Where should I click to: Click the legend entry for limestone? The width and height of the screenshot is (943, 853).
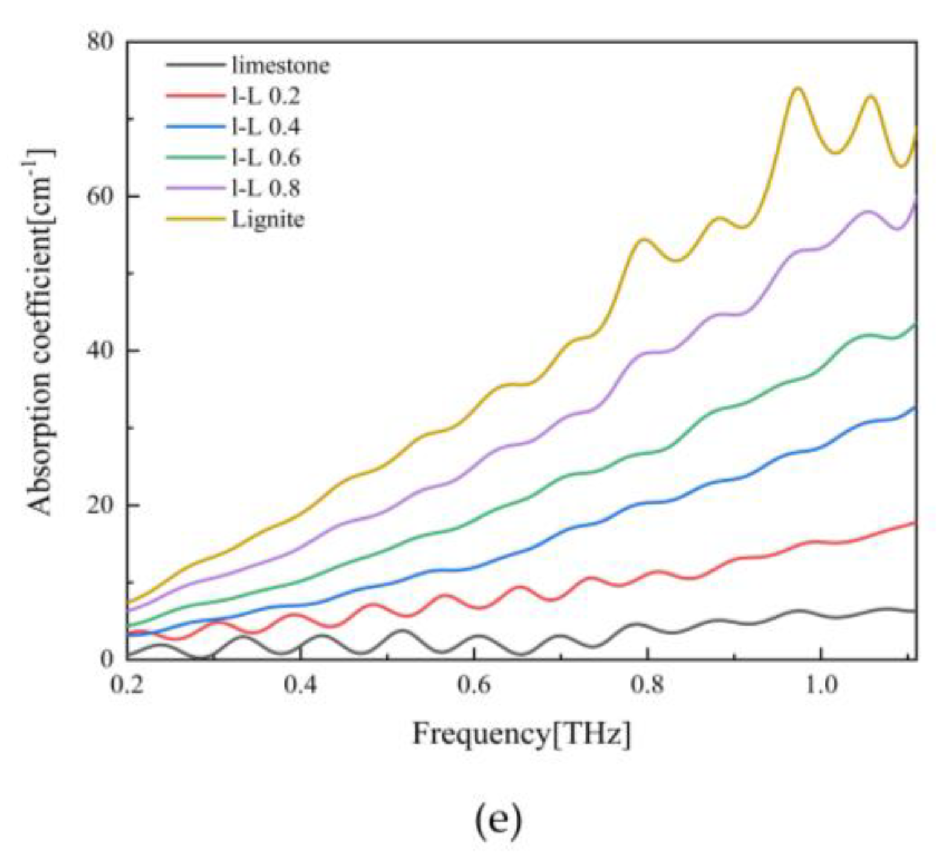coord(281,65)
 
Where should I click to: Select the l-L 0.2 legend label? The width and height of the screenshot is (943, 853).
coord(266,96)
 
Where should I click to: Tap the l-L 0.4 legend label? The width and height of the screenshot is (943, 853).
coord(266,126)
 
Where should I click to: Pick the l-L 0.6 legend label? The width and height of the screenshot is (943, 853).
coord(266,157)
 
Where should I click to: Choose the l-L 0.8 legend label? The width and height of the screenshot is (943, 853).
coord(266,188)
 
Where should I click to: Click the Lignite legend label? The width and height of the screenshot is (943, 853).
coord(268,219)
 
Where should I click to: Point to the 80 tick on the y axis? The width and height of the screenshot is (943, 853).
coord(100,42)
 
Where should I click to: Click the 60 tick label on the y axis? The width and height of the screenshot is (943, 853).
coord(100,196)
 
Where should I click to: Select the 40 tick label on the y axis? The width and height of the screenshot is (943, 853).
coord(100,351)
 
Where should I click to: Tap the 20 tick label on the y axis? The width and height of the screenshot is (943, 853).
coord(100,505)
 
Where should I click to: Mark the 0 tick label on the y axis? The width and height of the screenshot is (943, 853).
coord(108,659)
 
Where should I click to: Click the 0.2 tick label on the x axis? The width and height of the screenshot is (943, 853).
coord(128,686)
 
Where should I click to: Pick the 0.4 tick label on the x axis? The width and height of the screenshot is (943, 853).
coord(300,686)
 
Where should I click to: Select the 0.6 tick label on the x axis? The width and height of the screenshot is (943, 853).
coord(474,686)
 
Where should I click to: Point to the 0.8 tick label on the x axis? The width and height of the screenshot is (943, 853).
coord(647,686)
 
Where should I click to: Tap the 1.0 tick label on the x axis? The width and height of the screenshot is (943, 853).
coord(820,686)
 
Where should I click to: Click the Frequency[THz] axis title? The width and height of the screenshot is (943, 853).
coord(522,735)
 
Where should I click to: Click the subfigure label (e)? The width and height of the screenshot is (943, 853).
coord(497,821)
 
